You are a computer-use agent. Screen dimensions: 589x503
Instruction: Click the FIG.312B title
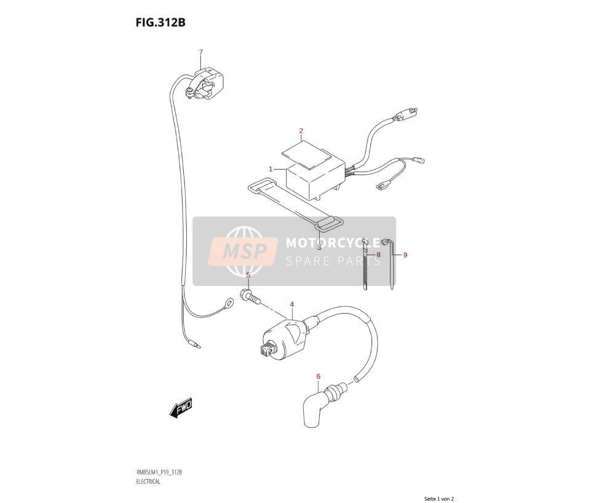point(160,23)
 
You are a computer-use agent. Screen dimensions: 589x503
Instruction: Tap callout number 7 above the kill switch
point(201,52)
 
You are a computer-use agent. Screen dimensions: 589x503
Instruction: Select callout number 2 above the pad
point(301,131)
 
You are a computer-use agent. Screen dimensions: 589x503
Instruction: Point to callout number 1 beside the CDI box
point(271,170)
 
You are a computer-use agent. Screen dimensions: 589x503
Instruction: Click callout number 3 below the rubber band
point(319,247)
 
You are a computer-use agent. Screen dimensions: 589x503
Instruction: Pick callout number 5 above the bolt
point(248,275)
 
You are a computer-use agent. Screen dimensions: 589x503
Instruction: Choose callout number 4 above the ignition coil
point(292,304)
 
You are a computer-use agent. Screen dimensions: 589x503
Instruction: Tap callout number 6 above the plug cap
point(318,376)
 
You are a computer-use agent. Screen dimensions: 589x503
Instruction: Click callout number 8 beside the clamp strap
point(378,255)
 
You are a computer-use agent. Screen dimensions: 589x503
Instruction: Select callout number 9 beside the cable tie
point(405,255)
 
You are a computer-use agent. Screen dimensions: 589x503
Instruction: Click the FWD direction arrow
point(181,408)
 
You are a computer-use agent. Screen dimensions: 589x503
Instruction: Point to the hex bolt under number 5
point(250,296)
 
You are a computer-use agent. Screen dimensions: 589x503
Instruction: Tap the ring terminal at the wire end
point(228,302)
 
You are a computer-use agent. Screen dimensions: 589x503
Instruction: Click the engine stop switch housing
point(205,84)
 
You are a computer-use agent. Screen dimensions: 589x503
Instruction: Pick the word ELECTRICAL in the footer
point(148,481)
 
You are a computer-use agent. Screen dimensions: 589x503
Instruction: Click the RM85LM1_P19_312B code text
point(159,472)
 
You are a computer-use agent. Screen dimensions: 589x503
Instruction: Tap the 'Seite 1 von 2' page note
point(439,499)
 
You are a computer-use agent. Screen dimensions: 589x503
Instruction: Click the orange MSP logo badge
point(243,251)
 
